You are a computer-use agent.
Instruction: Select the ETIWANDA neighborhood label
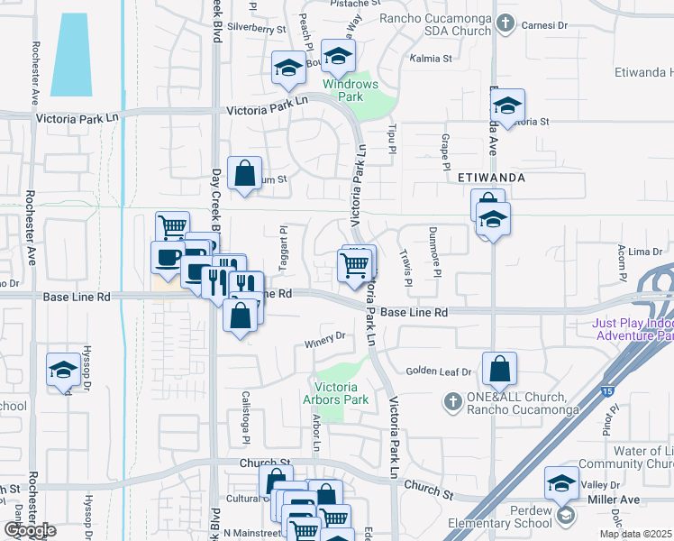coord(491,178)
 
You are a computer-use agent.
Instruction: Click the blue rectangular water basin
coord(71,55)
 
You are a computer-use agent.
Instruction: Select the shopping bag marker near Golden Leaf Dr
coord(499,369)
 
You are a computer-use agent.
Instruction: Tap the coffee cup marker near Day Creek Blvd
coord(168,257)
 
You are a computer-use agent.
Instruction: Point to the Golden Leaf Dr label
coord(438,371)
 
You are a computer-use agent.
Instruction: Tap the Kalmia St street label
coord(431,59)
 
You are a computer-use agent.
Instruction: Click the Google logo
coord(29,530)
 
